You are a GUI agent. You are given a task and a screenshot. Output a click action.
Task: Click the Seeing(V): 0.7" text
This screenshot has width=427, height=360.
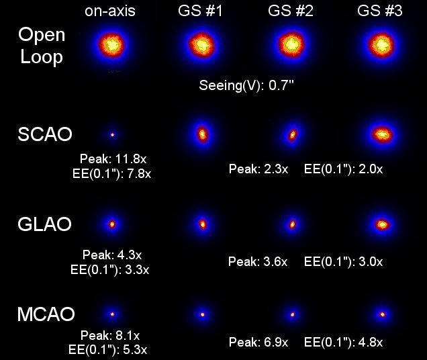(x=246, y=86)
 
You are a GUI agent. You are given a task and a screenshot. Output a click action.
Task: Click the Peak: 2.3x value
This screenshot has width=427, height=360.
(x=258, y=169)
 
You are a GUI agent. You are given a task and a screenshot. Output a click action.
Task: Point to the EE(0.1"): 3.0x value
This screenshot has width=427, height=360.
(x=344, y=260)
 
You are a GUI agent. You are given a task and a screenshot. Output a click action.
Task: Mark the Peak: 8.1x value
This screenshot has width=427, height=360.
(x=110, y=335)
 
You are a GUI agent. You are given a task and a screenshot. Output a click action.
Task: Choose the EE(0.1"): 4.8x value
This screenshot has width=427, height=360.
(x=344, y=343)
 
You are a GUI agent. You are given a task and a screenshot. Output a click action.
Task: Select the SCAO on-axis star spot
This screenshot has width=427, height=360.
(x=112, y=134)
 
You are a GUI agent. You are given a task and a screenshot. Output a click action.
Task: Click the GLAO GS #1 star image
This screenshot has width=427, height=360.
(x=202, y=224)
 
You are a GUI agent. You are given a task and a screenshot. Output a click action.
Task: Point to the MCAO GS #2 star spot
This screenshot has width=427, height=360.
(x=292, y=313)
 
